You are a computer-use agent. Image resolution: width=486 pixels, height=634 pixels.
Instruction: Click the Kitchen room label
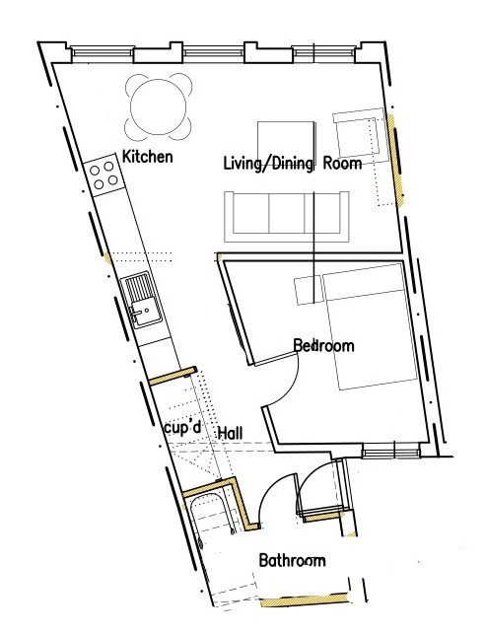tap(147, 157)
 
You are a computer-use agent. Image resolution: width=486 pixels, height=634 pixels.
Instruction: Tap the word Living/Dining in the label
tap(268, 164)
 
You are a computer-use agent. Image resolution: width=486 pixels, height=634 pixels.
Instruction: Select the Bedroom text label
tap(324, 346)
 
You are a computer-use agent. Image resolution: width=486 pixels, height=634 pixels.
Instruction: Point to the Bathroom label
tap(292, 561)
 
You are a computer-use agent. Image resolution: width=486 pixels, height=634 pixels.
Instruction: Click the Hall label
tap(231, 433)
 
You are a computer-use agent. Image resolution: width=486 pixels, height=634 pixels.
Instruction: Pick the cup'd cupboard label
tap(183, 428)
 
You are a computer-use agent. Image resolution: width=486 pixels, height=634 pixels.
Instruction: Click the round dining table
tap(159, 106)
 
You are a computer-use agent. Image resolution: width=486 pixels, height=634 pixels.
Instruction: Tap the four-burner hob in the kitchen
tap(104, 176)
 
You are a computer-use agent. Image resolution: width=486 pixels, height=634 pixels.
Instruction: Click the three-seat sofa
tap(287, 217)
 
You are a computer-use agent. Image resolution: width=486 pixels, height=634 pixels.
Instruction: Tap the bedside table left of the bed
tap(309, 290)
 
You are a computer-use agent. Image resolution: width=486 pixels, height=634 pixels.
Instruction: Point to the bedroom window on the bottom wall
tap(390, 451)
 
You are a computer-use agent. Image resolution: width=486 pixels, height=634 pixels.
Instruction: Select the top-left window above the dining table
tap(102, 52)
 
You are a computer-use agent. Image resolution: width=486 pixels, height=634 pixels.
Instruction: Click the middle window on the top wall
tap(214, 52)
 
